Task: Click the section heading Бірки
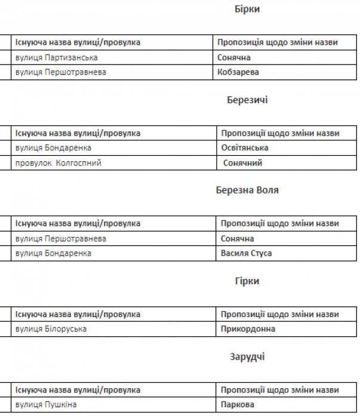247,10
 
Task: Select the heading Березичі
247,100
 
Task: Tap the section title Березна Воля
247,190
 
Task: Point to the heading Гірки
247,281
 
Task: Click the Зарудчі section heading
247,356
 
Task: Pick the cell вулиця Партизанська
57,57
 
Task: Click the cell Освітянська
245,147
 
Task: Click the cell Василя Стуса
247,253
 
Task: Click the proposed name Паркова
238,404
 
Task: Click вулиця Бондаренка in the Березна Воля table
53,253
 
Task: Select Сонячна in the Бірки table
234,57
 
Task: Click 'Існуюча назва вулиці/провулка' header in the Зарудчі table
78,389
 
